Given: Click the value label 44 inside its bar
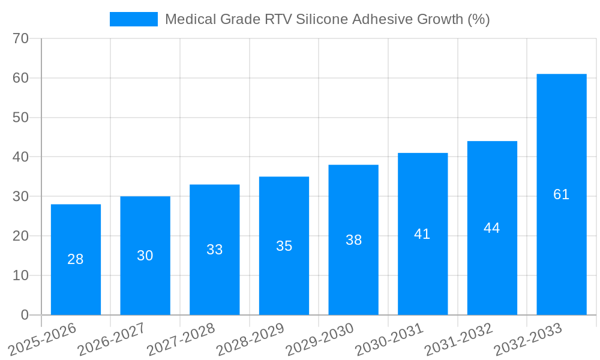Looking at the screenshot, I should pyautogui.click(x=492, y=228).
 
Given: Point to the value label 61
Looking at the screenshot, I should pyautogui.click(x=561, y=194).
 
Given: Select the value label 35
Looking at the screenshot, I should pyautogui.click(x=284, y=246).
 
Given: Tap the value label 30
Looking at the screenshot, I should pyautogui.click(x=145, y=256).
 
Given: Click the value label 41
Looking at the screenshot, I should pyautogui.click(x=422, y=234).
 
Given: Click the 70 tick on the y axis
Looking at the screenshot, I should pyautogui.click(x=20, y=38).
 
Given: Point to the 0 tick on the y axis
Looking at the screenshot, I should pyautogui.click(x=25, y=315).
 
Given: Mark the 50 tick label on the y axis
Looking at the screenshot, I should pyautogui.click(x=20, y=118).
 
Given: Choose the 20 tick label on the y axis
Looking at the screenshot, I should pyautogui.click(x=20, y=236).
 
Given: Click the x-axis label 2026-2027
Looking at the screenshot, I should pyautogui.click(x=112, y=340).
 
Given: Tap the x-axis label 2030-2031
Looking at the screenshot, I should pyautogui.click(x=389, y=340).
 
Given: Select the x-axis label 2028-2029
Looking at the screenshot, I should pyautogui.click(x=250, y=340).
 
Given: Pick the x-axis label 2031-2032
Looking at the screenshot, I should pyautogui.click(x=459, y=340).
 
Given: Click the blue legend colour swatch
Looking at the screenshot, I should pyautogui.click(x=133, y=19).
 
